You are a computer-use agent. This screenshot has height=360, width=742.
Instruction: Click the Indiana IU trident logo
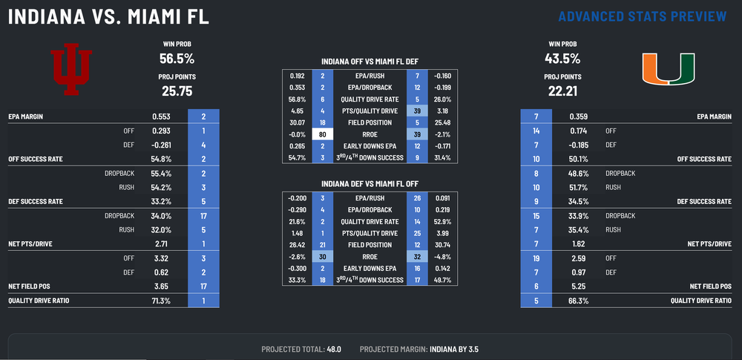70,72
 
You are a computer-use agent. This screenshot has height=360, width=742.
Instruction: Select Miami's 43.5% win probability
562,58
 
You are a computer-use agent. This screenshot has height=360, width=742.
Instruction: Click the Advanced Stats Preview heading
641,16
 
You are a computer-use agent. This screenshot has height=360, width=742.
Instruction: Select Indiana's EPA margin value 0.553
162,117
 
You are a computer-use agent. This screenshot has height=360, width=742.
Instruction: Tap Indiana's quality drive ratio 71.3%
162,301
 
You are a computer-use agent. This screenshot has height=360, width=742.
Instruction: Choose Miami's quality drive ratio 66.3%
580,301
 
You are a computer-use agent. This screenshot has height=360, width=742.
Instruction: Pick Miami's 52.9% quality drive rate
443,221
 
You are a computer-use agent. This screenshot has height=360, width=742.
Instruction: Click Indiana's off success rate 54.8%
161,159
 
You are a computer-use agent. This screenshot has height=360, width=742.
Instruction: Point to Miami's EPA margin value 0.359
580,117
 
